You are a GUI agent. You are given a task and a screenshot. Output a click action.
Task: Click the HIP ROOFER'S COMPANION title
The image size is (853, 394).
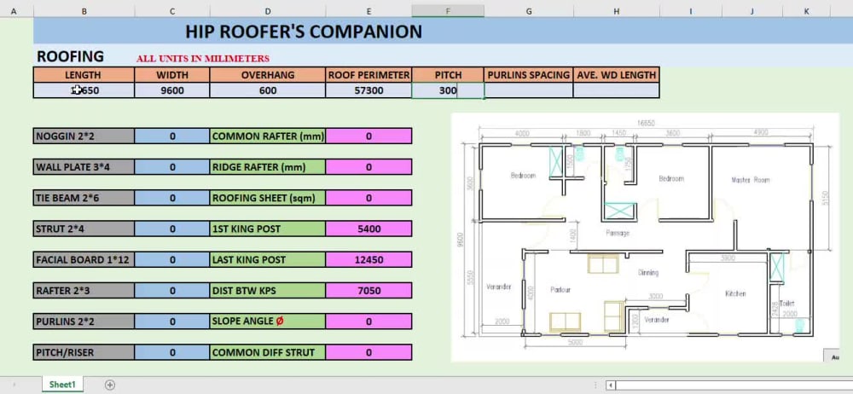(304, 32)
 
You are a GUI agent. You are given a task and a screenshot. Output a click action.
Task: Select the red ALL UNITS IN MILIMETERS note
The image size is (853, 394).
(203, 59)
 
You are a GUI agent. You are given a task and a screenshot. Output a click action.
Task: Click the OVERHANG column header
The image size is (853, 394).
(268, 75)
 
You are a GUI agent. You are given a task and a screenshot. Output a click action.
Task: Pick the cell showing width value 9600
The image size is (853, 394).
(172, 90)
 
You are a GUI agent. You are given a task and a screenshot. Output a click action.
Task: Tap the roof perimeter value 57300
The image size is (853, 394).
(368, 90)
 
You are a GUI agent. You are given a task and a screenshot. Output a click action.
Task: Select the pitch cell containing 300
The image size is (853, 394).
(448, 90)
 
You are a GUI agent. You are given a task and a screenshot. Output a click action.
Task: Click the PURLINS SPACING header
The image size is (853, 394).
(528, 75)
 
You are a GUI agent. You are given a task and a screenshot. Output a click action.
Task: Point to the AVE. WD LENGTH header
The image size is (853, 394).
(615, 75)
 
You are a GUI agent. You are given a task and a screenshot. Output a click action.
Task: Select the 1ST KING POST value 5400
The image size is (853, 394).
(368, 229)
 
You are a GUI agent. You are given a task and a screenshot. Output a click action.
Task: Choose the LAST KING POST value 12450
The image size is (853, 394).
(368, 259)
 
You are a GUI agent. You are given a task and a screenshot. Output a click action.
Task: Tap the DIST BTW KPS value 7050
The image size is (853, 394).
(368, 291)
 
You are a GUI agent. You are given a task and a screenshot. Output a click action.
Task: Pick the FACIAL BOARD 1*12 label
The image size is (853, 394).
(84, 259)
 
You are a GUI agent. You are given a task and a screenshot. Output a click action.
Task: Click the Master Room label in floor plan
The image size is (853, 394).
(751, 180)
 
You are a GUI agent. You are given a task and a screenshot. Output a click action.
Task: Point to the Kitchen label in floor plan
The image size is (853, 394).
(735, 293)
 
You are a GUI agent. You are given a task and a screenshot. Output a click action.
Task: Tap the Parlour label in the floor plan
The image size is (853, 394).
(560, 290)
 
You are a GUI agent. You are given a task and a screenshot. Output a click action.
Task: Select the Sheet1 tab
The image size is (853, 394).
(62, 385)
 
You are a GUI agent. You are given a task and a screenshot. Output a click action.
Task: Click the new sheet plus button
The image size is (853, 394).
(109, 385)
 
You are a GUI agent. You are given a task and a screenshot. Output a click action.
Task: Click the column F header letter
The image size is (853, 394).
(448, 11)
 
